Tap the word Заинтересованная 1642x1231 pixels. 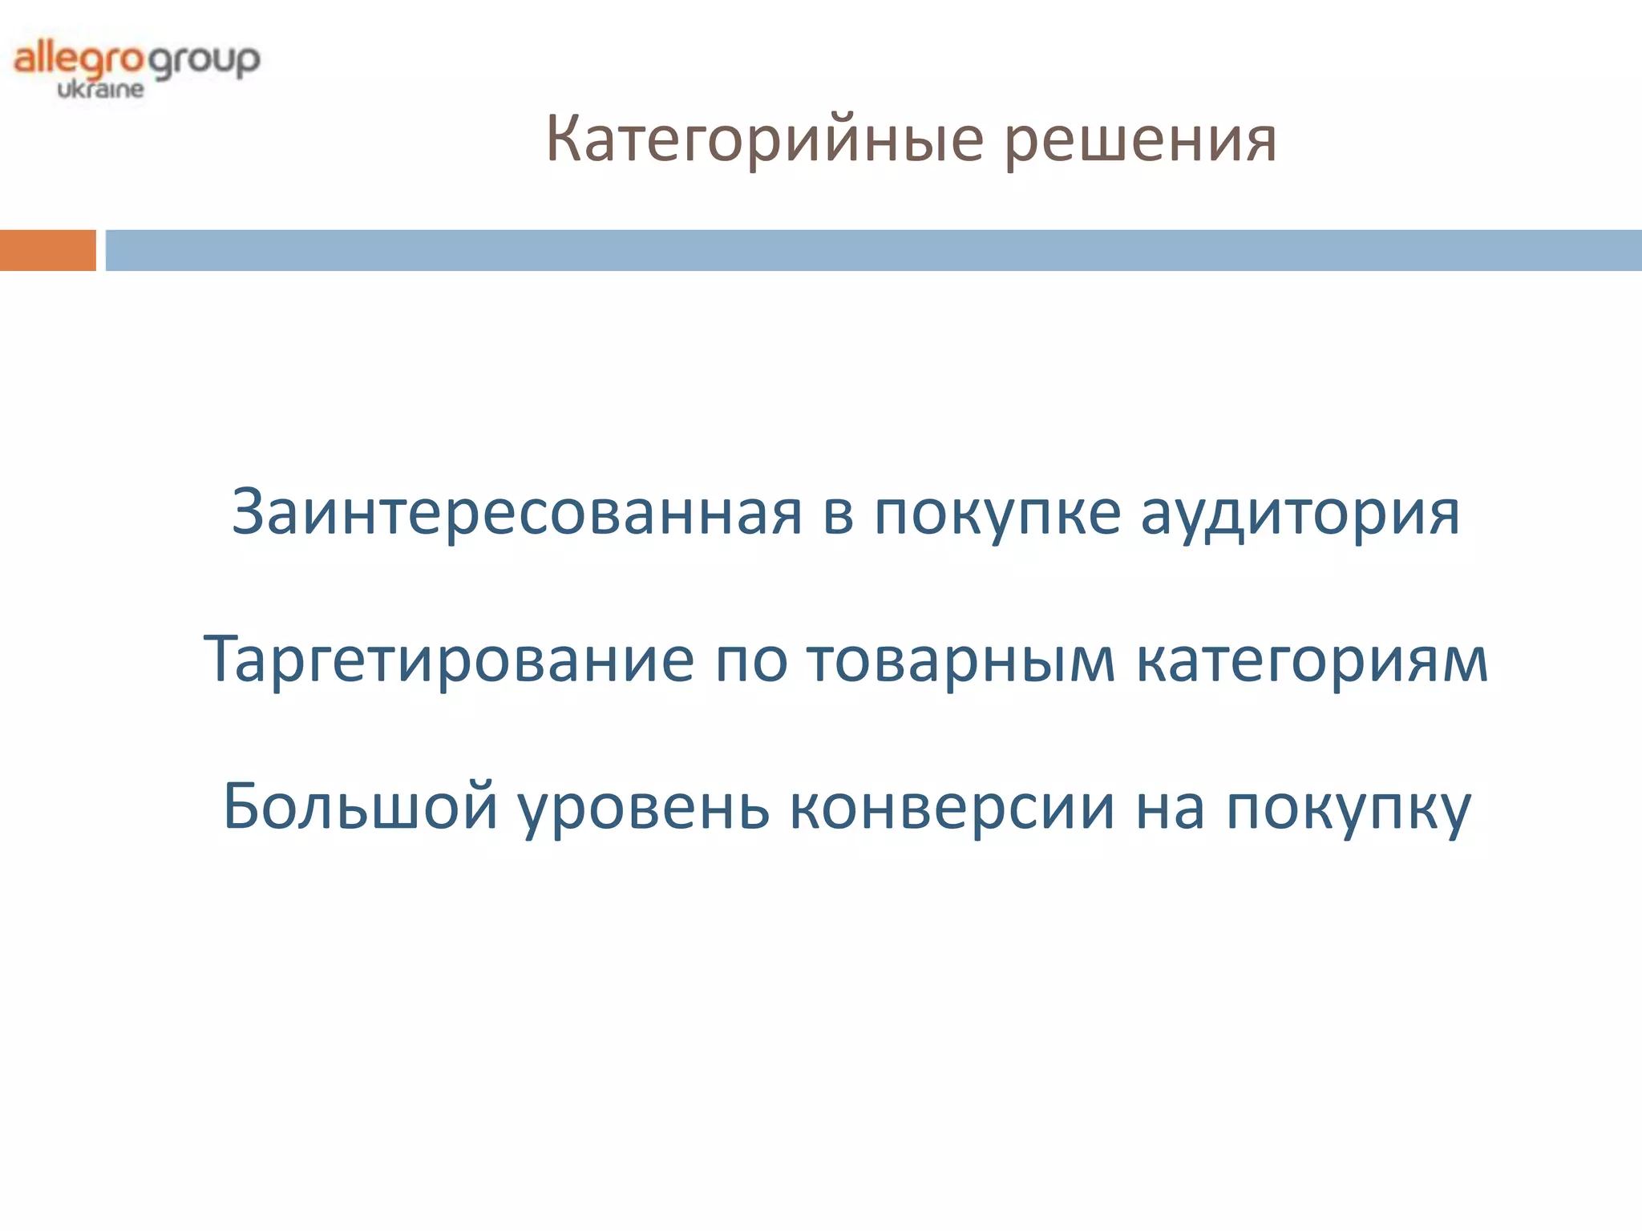click(x=516, y=513)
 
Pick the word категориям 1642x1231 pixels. click(x=1312, y=661)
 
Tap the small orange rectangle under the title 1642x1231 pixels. click(x=47, y=250)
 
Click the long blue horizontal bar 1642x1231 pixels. click(x=873, y=250)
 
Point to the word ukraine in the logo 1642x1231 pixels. click(x=100, y=89)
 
